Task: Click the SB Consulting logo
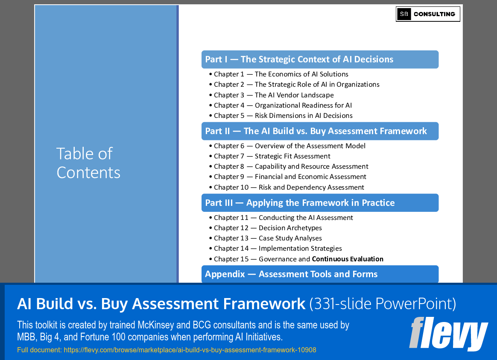click(428, 14)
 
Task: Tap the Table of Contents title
click(88, 163)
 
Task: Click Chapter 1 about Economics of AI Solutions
click(281, 74)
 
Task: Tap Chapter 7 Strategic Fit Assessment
click(272, 156)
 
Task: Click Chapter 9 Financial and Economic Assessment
click(290, 177)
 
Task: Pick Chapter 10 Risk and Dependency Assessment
click(289, 187)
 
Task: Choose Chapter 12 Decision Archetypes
click(268, 228)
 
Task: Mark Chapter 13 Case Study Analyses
click(268, 238)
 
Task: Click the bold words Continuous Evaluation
click(348, 259)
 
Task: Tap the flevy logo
click(448, 334)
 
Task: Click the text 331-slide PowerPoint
click(383, 304)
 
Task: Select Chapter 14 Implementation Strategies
click(278, 249)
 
